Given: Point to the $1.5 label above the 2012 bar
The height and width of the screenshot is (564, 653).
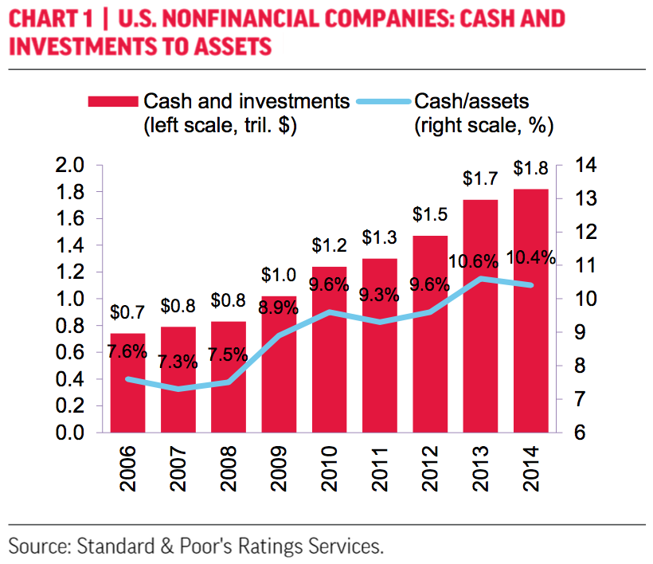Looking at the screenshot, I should point(429,215).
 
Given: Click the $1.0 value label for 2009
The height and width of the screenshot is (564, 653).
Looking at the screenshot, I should point(278,276).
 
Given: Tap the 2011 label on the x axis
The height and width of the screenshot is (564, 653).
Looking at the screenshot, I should point(378,470).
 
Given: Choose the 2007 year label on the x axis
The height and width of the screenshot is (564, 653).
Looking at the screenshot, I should point(177,470).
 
